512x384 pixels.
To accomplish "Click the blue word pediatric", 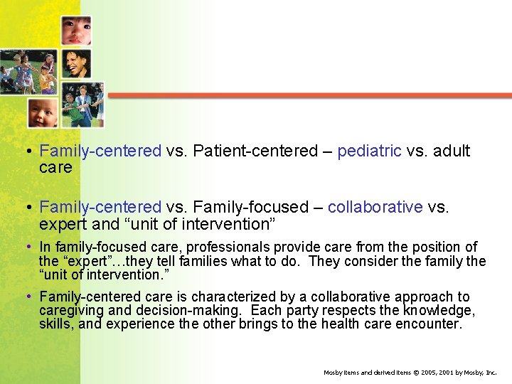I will (x=369, y=151).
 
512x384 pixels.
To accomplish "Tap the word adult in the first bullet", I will (x=452, y=151).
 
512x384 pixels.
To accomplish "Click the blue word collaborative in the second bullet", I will (x=375, y=207).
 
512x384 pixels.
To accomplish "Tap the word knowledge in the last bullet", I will (x=439, y=311).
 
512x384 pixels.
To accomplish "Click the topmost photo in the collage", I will (x=75, y=31).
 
